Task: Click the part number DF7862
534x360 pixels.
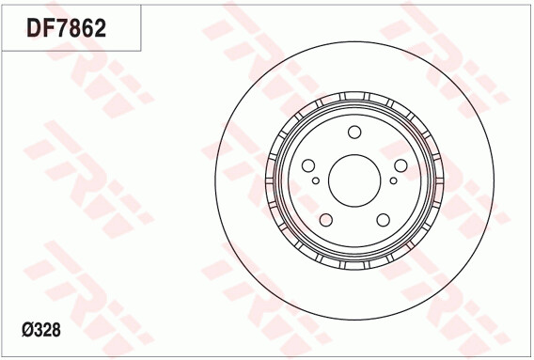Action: pos(66,27)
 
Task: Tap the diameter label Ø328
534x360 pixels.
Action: pos(42,330)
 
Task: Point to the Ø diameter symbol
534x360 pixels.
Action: pos(27,330)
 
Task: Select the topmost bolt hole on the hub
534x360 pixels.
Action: pos(354,133)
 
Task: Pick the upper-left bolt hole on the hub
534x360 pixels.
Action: pos(309,165)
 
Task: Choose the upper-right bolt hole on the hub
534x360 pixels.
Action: pos(400,165)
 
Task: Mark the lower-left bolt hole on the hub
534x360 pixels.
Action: pos(326,219)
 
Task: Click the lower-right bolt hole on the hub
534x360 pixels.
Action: pos(383,219)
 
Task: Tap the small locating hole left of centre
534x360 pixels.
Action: pos(316,180)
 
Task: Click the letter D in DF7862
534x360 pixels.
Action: pos(34,27)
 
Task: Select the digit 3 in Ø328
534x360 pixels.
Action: pos(39,330)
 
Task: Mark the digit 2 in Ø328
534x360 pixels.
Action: pos(48,330)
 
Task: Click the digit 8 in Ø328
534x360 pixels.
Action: pos(57,330)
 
